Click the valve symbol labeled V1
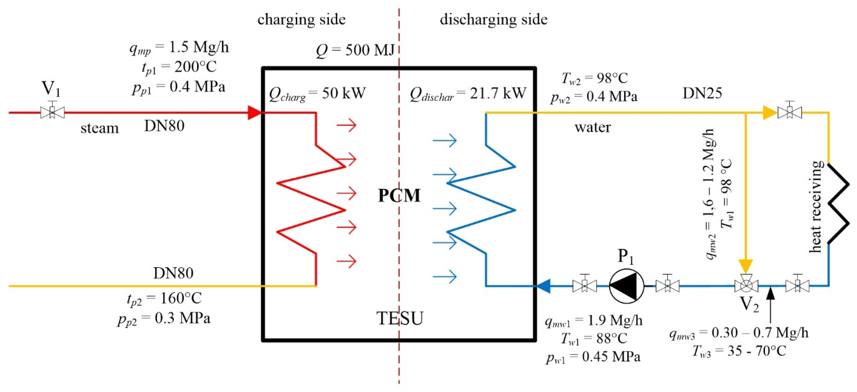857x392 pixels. (x=52, y=112)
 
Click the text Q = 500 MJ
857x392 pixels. (x=355, y=50)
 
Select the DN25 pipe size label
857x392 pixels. (x=702, y=93)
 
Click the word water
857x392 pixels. (x=593, y=127)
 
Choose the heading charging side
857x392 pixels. (x=301, y=19)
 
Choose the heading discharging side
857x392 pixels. (x=493, y=19)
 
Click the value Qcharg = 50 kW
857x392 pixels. (x=317, y=94)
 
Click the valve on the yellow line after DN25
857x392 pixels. (x=790, y=112)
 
